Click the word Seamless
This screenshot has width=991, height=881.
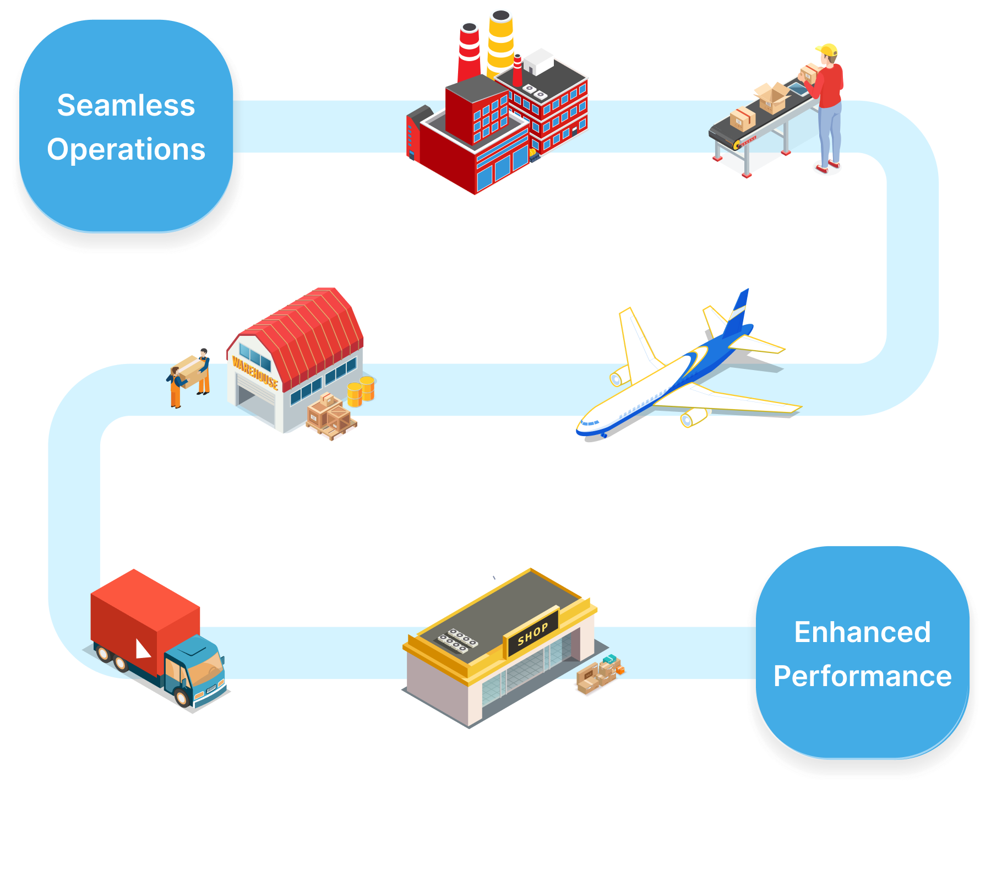(x=126, y=105)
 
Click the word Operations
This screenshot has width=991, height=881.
(x=126, y=149)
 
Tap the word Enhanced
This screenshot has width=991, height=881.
(x=862, y=632)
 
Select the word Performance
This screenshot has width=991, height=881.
(x=862, y=676)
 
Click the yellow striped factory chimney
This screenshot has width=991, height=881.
(x=500, y=41)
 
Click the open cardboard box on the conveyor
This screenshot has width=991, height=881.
(x=772, y=97)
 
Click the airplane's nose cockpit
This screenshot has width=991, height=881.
(x=588, y=423)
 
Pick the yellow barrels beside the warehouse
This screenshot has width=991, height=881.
(x=361, y=390)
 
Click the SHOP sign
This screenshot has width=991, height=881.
(x=532, y=633)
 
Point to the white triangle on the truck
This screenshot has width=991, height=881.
(x=143, y=649)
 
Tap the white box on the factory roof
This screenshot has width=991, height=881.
(x=538, y=61)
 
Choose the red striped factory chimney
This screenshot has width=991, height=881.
(x=469, y=52)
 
